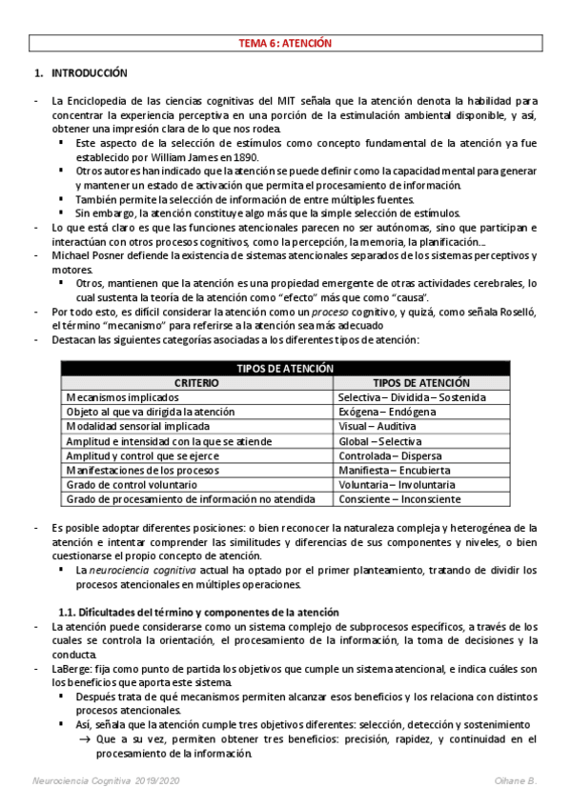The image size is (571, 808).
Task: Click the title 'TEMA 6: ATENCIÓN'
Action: [x=285, y=43]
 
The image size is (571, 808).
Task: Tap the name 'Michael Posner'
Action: [x=92, y=256]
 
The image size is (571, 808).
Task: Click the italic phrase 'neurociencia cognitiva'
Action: [x=142, y=570]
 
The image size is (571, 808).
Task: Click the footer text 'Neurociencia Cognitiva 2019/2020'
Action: [x=102, y=781]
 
